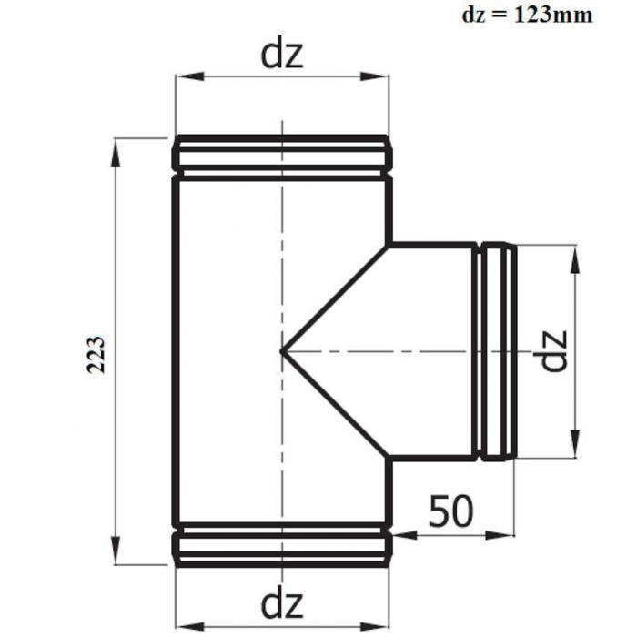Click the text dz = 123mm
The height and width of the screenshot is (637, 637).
527,15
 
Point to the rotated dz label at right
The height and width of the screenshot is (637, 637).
552,350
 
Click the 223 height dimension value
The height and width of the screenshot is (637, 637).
96,354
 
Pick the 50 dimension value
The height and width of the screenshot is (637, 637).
451,511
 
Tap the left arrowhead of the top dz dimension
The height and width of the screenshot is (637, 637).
189,76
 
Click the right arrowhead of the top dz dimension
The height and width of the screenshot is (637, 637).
375,76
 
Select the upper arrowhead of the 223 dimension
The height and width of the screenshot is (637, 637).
116,152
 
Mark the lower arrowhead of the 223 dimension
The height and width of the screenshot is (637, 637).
116,550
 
